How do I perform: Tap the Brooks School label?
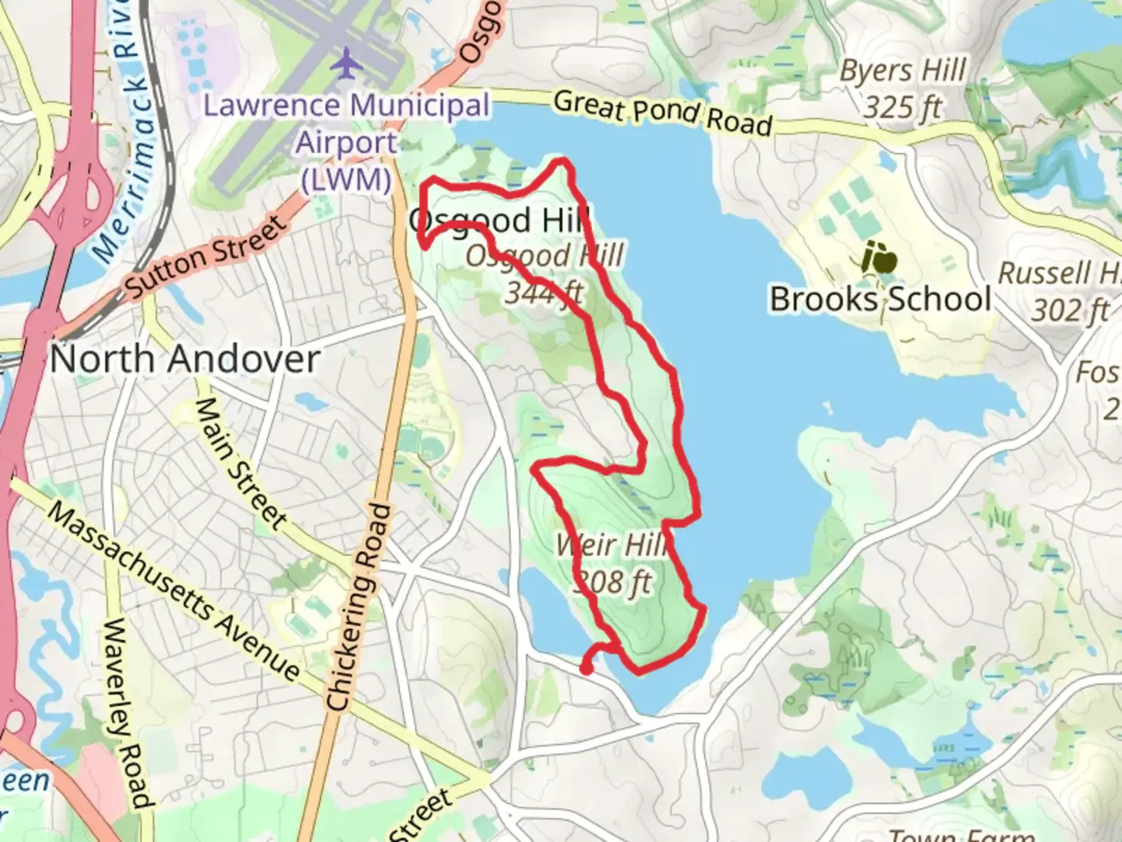[880, 299]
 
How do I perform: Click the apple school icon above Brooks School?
[879, 258]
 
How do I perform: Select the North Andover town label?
[185, 359]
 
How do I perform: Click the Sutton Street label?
[206, 257]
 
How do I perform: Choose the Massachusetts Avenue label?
[173, 590]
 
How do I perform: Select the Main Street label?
[240, 462]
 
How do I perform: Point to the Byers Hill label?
[903, 71]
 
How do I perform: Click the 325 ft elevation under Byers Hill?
[902, 107]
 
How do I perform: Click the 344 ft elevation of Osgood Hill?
[543, 292]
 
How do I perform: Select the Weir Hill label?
[612, 545]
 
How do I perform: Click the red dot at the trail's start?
[587, 667]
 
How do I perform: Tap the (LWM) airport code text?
[346, 180]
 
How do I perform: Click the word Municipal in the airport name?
[419, 105]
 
